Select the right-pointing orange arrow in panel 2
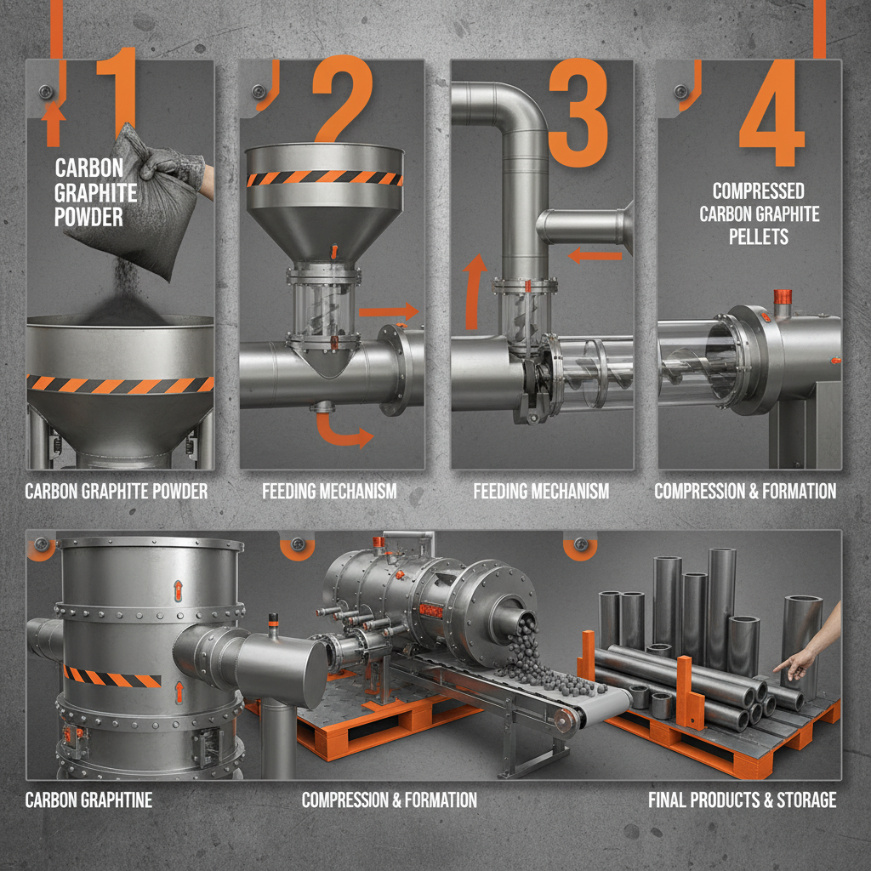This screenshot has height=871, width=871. (388, 312)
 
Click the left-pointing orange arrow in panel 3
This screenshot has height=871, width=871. (595, 253)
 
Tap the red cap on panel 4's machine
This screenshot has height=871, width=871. (782, 296)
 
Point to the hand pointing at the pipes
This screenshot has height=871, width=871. (807, 656)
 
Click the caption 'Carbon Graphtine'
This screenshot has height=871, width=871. (89, 800)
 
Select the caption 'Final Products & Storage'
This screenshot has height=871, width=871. (742, 800)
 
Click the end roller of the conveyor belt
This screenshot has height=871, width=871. (562, 720)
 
